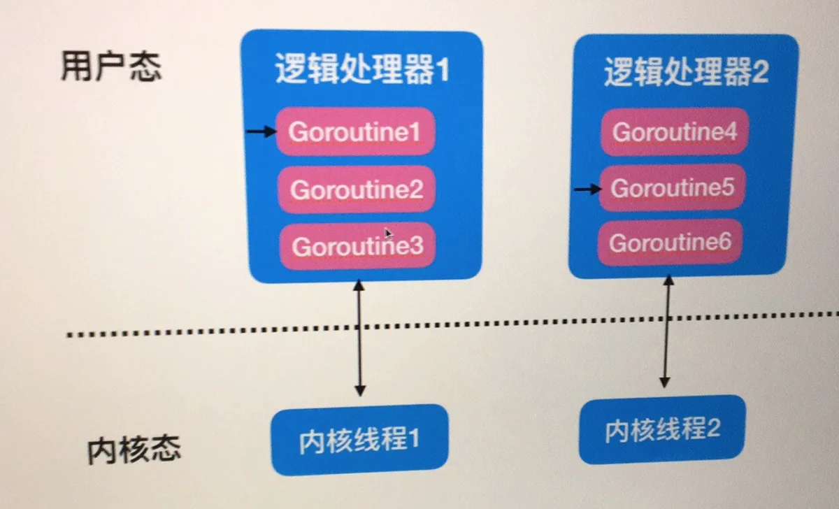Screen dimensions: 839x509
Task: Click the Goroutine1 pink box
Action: click(355, 131)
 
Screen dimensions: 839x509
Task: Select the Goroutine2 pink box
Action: click(357, 189)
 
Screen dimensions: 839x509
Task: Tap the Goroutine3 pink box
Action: click(357, 246)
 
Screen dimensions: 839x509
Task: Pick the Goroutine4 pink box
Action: click(675, 131)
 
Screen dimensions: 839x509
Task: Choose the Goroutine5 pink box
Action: click(673, 187)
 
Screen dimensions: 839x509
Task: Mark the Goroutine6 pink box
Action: click(670, 243)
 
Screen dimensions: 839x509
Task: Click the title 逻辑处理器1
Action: click(362, 69)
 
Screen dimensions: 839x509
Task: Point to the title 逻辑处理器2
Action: click(686, 71)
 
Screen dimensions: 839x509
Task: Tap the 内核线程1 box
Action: click(359, 440)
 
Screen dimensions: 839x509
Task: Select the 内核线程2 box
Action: click(662, 430)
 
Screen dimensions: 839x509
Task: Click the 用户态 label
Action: click(111, 66)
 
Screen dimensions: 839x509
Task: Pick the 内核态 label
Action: click(134, 450)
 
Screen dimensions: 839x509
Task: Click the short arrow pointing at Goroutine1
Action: click(261, 131)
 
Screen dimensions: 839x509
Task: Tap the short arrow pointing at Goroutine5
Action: click(588, 189)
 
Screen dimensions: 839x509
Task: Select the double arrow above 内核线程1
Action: click(359, 338)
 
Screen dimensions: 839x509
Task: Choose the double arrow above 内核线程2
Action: click(667, 331)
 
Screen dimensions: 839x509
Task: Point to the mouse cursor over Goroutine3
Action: click(389, 234)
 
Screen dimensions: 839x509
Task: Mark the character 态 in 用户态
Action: click(146, 66)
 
